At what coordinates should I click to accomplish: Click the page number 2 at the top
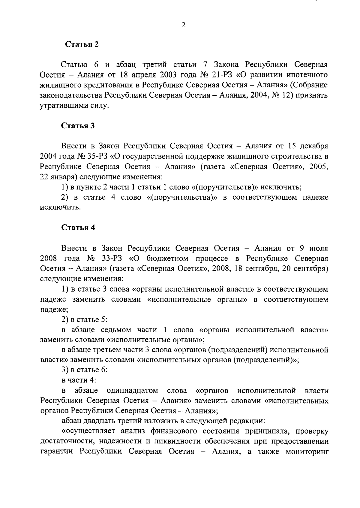coord(184,25)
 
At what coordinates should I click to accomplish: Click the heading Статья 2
coord(82,44)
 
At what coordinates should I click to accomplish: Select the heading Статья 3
coord(78,125)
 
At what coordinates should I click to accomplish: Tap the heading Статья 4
coord(78,228)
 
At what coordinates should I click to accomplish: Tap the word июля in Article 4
coord(319,248)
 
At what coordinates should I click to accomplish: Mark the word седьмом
coord(115,330)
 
